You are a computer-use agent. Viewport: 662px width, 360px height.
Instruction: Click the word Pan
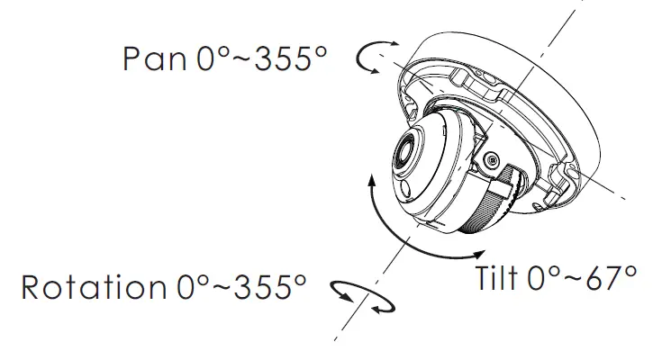point(155,58)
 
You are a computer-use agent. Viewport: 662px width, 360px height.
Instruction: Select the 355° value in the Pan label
point(291,58)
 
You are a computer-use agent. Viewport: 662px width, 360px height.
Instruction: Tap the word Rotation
point(94,287)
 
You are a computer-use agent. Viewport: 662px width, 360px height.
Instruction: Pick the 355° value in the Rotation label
point(270,287)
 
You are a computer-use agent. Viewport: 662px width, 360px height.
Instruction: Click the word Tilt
point(497,278)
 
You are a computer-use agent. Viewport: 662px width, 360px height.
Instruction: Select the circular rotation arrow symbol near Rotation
point(362,298)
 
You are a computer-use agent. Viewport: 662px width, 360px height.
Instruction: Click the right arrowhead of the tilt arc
point(479,254)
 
